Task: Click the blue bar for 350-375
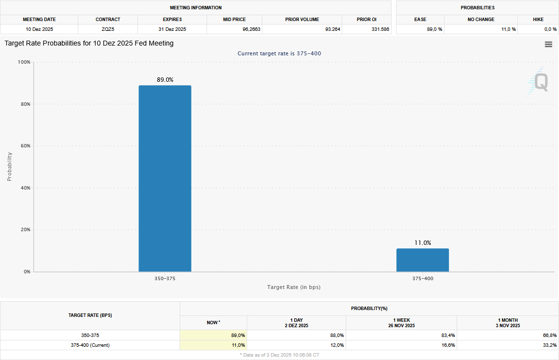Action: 164,179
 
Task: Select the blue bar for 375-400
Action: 422,260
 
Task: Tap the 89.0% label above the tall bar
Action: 165,80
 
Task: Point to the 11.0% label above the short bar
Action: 422,243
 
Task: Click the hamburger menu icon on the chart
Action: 548,45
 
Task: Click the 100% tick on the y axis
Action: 24,62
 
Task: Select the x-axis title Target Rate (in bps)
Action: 294,287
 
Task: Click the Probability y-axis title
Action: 9,167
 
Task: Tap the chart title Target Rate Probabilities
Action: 89,43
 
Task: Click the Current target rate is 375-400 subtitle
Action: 279,53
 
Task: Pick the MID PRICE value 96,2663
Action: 249,29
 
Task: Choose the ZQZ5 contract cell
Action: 108,29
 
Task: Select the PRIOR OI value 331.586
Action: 380,29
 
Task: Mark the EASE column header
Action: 420,20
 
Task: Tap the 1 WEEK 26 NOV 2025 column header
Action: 401,323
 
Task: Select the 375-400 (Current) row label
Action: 90,345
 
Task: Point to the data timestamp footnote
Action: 279,355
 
